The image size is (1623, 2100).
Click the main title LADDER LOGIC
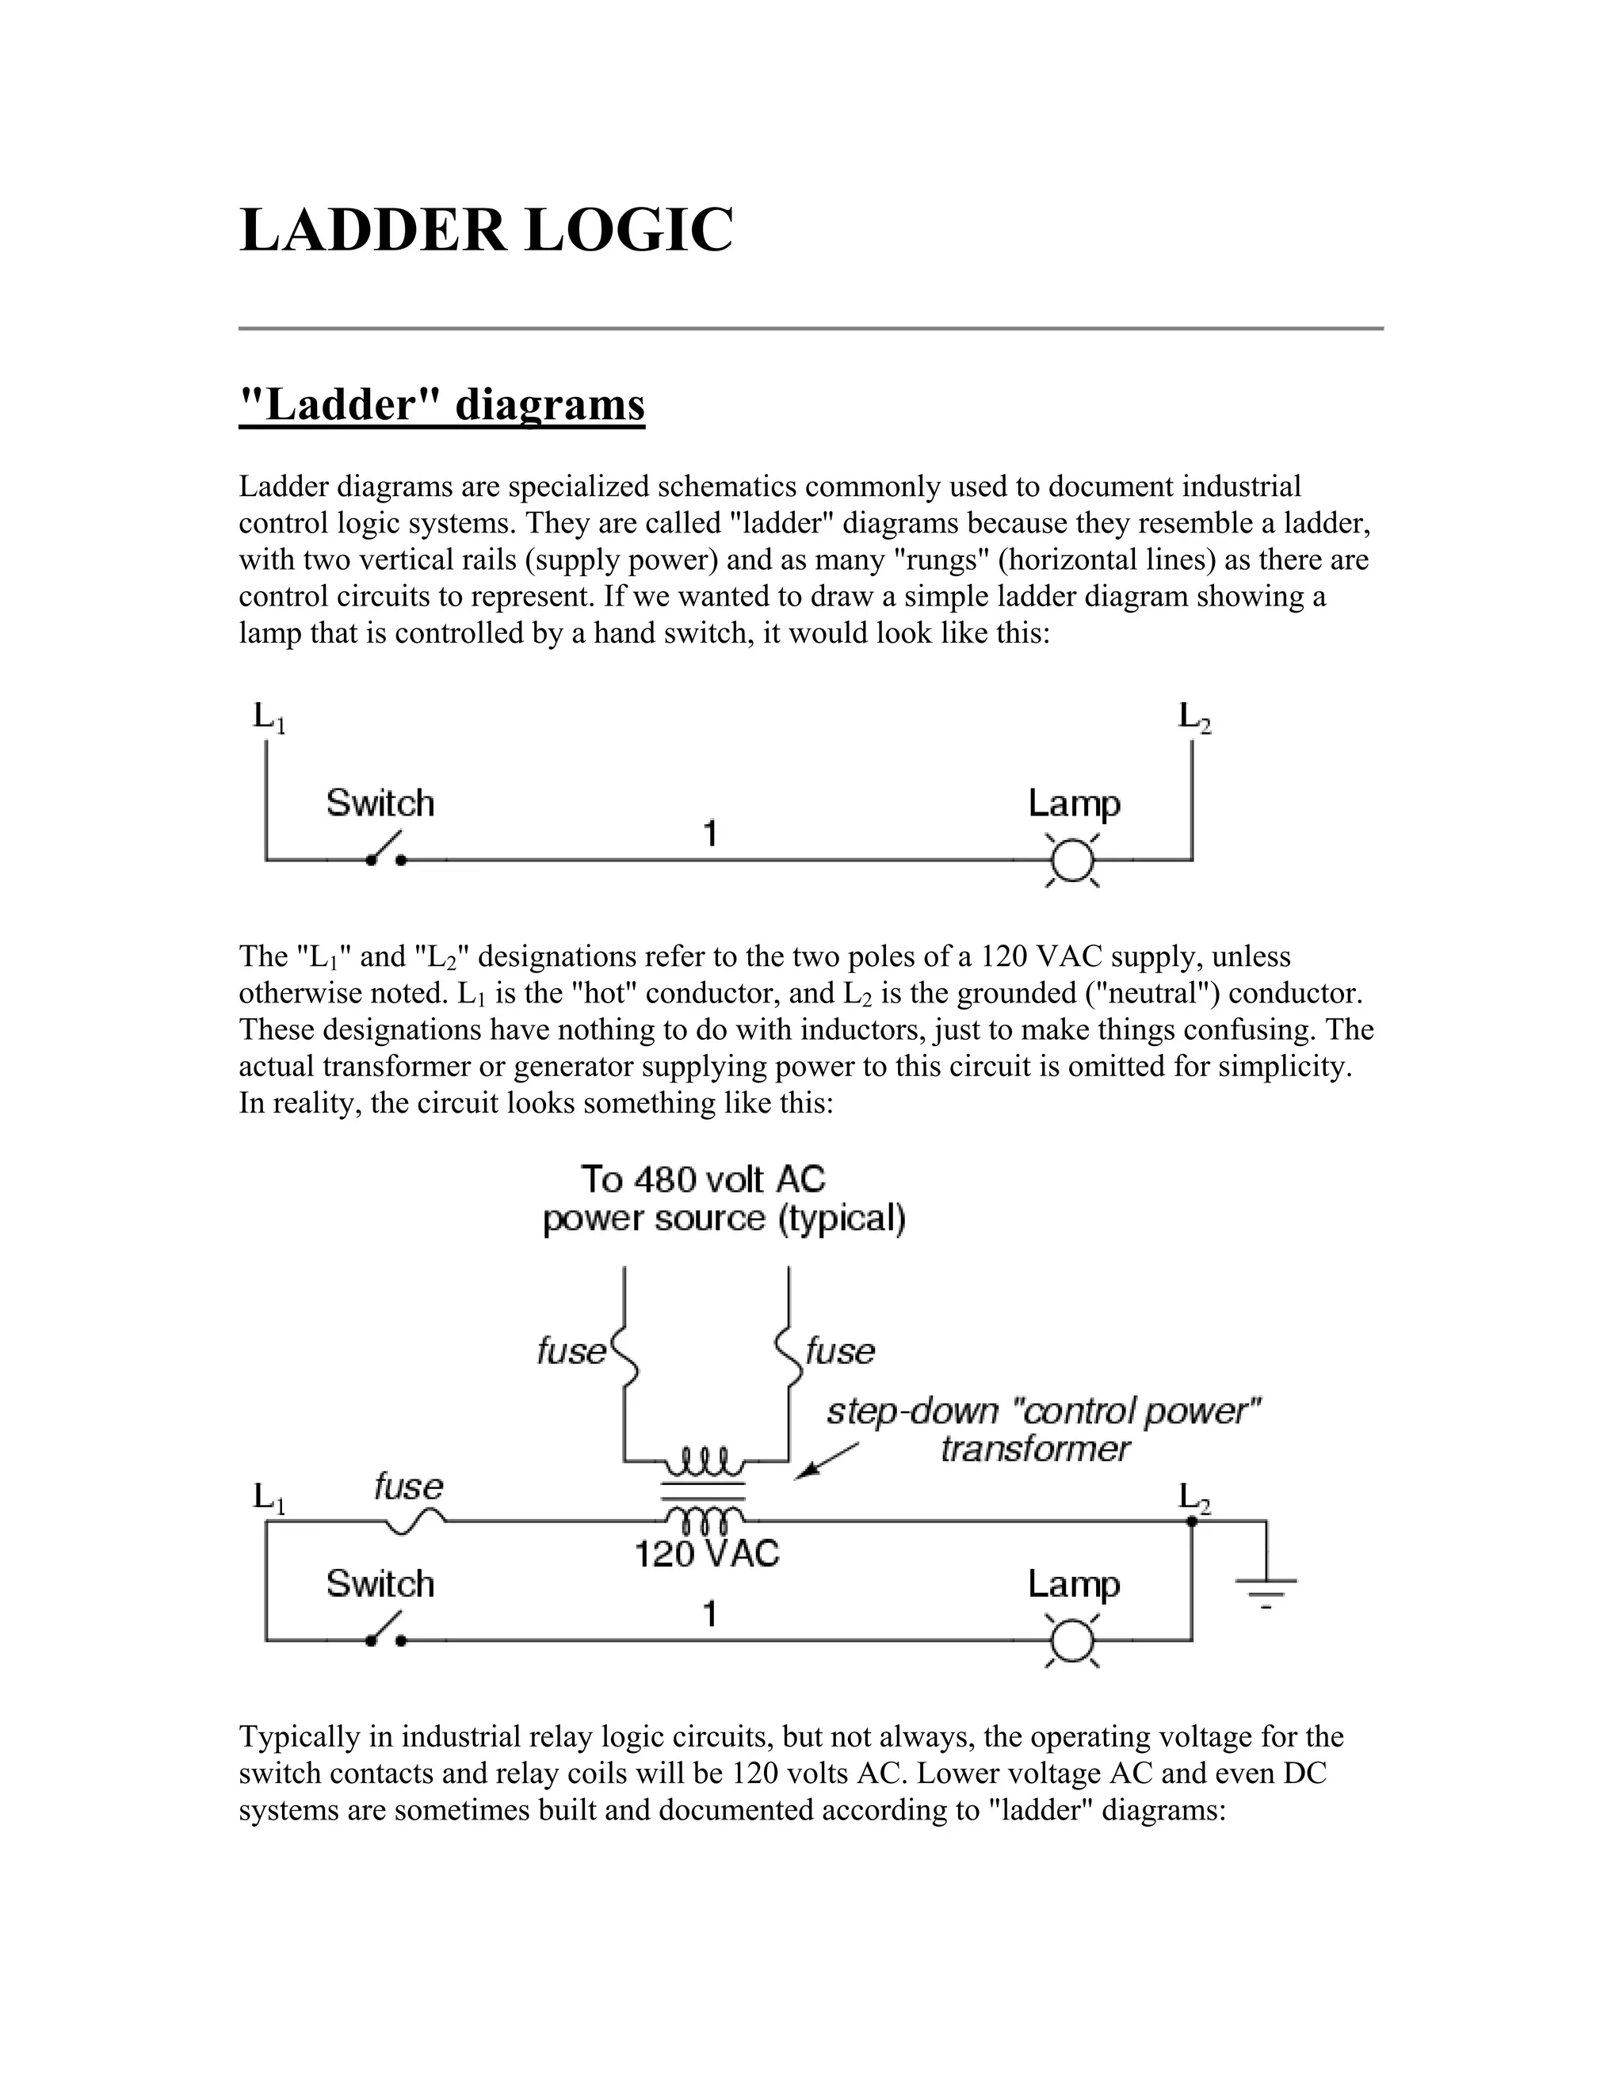[486, 231]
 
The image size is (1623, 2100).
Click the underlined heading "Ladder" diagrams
[441, 405]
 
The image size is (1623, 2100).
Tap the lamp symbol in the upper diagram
[1072, 859]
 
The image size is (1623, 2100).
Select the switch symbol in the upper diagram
[386, 851]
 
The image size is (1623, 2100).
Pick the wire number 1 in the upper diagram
[709, 834]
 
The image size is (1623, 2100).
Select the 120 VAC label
[707, 1554]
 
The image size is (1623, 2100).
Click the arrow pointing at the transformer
[825, 1460]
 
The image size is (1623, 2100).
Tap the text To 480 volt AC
[703, 1180]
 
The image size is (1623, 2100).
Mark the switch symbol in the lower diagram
[386, 1632]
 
